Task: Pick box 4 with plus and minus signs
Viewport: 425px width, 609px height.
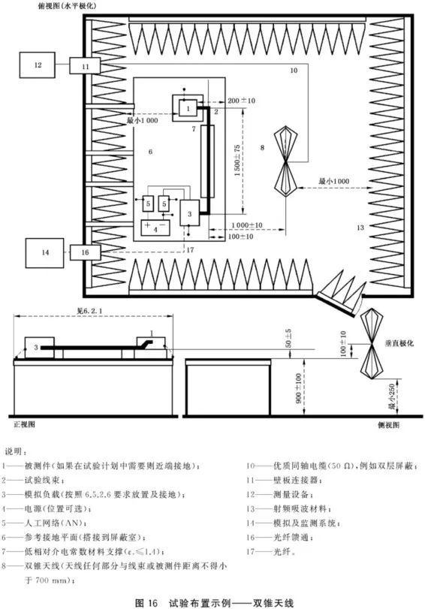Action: (157, 226)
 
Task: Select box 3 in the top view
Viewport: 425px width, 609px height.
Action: (191, 214)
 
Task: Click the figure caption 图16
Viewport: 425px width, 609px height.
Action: (144, 601)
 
